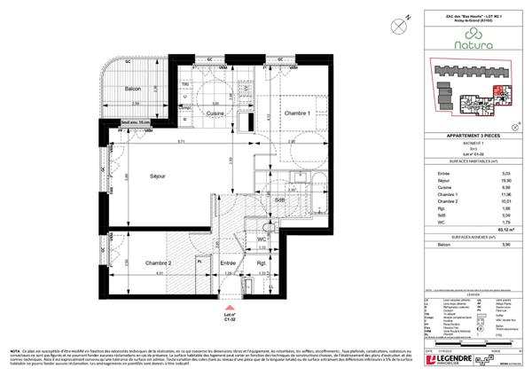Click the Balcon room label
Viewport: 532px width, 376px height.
(134, 89)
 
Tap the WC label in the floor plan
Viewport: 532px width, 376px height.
(262, 239)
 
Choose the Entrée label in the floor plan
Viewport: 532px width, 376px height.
(226, 263)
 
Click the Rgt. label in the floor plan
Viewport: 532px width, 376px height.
(262, 263)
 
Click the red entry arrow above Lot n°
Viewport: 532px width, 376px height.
(208, 303)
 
